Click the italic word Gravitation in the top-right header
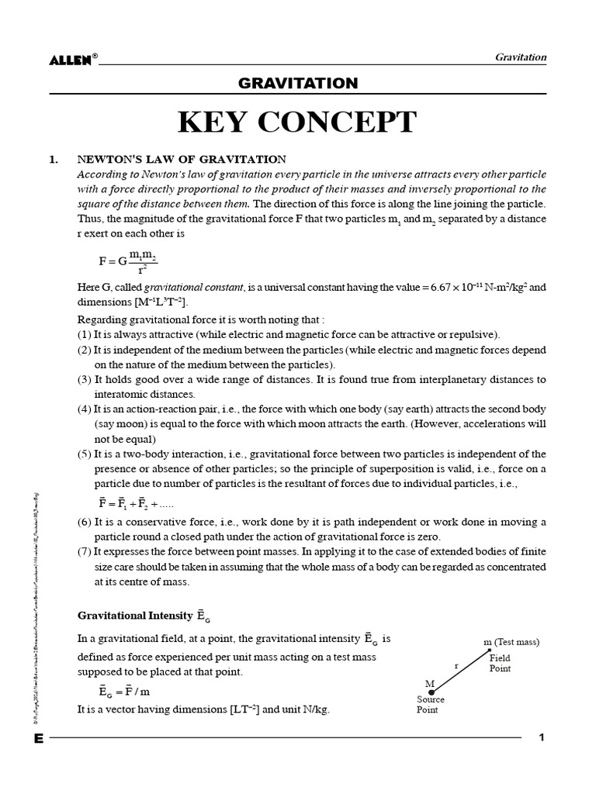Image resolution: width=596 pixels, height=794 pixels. pyautogui.click(x=520, y=57)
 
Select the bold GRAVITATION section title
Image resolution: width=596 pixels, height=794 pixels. pyautogui.click(x=297, y=84)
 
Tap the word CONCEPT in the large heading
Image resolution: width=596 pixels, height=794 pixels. pyautogui.click(x=345, y=123)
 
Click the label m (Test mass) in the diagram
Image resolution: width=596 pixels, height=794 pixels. pyautogui.click(x=511, y=642)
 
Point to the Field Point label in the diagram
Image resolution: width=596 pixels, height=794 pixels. pyautogui.click(x=500, y=663)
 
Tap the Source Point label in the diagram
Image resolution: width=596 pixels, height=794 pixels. pyautogui.click(x=431, y=704)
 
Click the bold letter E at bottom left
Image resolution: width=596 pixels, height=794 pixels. pyautogui.click(x=38, y=739)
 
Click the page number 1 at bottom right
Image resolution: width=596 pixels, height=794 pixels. pyautogui.click(x=542, y=738)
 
